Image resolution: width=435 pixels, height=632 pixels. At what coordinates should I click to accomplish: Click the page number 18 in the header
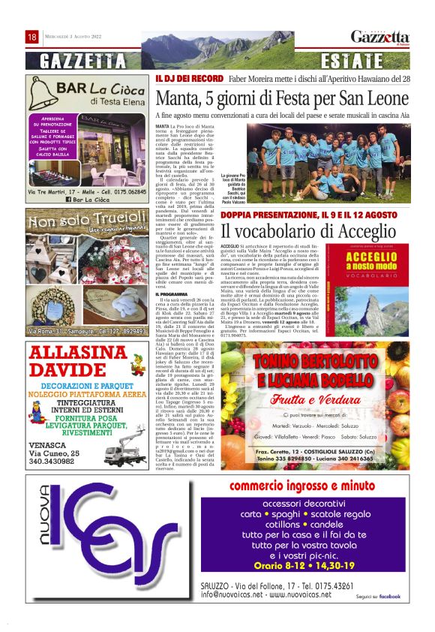pyautogui.click(x=31, y=37)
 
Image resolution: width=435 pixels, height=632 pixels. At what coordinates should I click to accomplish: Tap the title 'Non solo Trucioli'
pyautogui.click(x=82, y=222)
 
